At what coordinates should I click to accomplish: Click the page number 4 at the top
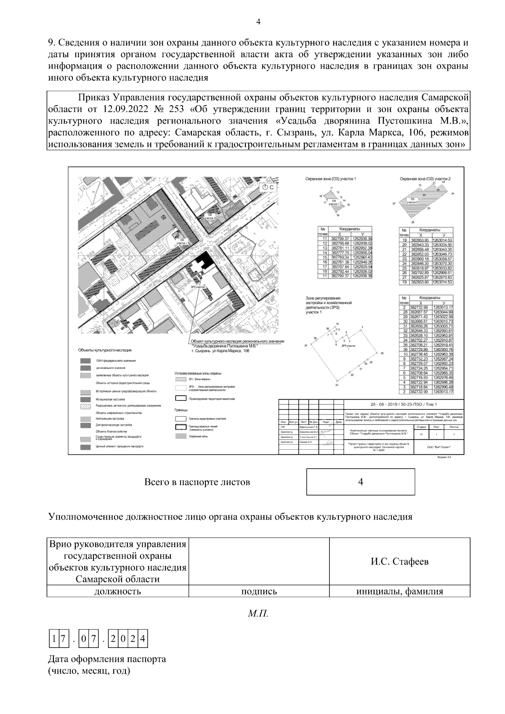click(x=258, y=22)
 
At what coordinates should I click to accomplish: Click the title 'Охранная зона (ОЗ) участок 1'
click(x=330, y=179)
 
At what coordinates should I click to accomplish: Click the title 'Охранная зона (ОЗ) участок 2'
click(x=425, y=179)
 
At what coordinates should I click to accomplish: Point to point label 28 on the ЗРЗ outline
click(x=381, y=353)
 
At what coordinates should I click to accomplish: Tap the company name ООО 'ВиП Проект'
click(x=438, y=448)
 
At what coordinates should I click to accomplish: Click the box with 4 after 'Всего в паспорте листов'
click(x=360, y=482)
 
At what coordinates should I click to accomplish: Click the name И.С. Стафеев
click(x=399, y=562)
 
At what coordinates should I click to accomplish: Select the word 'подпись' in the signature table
click(x=259, y=591)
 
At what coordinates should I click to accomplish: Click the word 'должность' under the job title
click(x=117, y=591)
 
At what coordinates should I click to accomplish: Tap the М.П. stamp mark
click(x=258, y=614)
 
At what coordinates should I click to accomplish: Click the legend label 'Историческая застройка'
click(x=110, y=399)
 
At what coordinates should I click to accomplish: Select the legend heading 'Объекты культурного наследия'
click(x=105, y=350)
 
